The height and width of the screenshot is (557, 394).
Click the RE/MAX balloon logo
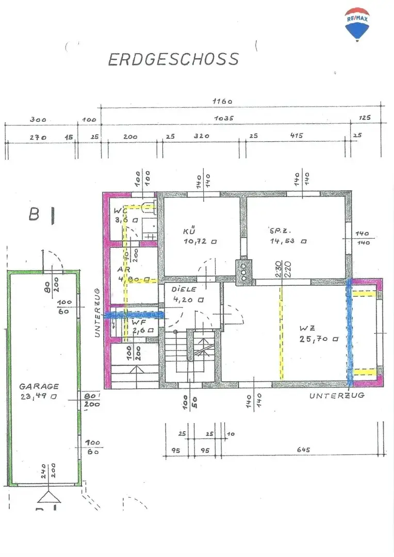pos(357,23)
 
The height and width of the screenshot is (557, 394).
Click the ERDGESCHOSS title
pos(173,59)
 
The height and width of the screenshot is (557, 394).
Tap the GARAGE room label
pos(39,386)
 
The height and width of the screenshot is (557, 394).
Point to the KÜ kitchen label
pos(190,232)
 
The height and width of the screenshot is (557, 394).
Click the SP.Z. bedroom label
pos(277,231)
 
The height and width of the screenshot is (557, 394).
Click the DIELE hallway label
pos(184,289)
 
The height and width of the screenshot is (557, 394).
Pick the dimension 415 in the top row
pos(296,136)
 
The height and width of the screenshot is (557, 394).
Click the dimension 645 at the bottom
pos(303,450)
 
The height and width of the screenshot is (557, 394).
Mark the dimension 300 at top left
pos(38,119)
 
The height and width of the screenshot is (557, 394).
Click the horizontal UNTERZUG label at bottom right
pos(337,396)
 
